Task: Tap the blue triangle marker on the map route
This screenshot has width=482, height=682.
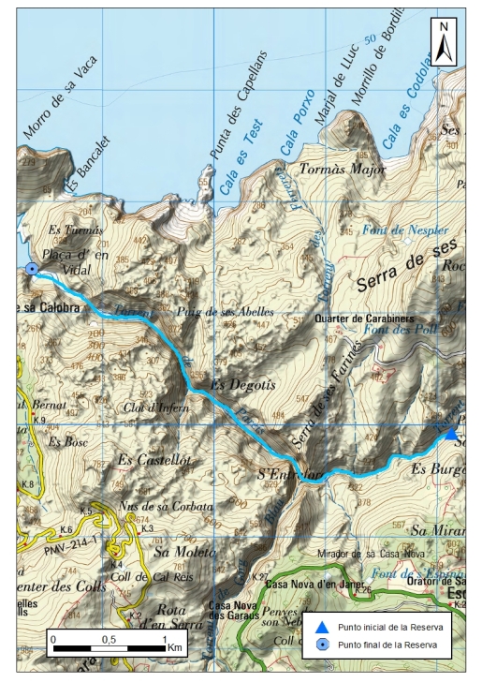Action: click(451, 433)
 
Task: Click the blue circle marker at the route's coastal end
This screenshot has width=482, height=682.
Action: click(32, 269)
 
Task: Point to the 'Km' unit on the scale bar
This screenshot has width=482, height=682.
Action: click(175, 647)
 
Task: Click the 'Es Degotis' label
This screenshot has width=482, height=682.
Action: click(233, 383)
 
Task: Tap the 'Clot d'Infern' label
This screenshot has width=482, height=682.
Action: click(156, 408)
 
